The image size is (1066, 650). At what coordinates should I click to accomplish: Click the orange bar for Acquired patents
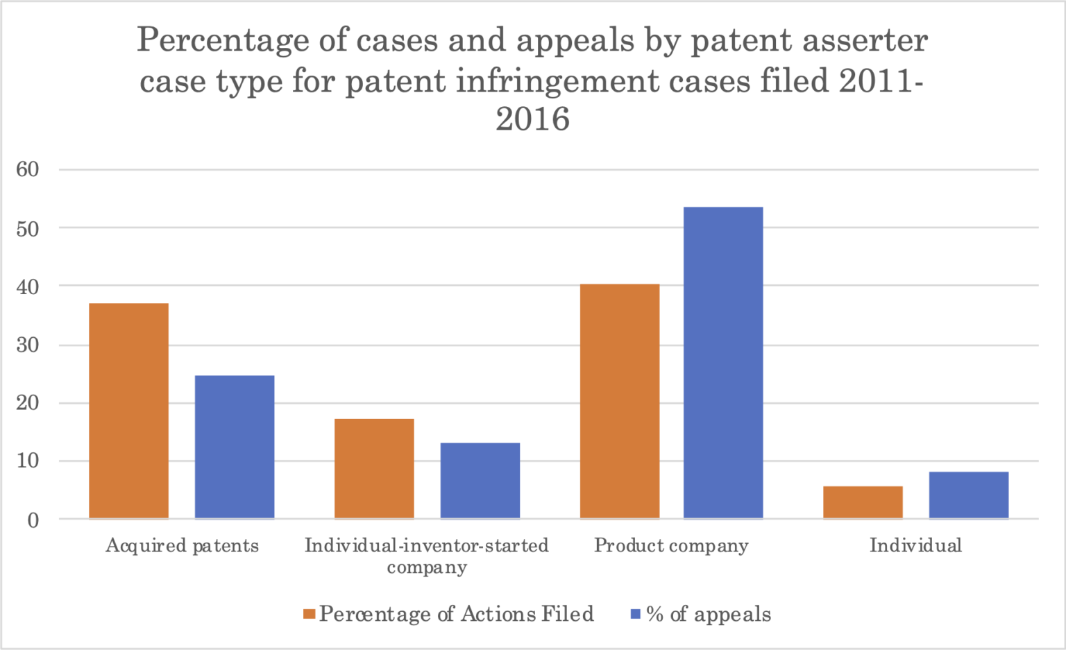point(128,411)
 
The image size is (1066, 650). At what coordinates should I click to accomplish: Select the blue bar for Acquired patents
point(235,447)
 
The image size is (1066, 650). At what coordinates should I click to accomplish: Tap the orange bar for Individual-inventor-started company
point(374,468)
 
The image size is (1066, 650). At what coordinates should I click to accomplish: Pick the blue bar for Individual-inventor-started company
point(480,480)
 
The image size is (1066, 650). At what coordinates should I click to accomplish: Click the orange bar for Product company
point(620,401)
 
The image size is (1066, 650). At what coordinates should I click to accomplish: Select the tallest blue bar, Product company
point(723,362)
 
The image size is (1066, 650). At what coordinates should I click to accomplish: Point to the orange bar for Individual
point(863,502)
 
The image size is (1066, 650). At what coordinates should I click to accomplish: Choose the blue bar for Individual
point(969,495)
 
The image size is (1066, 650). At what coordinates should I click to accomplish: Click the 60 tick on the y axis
point(28,169)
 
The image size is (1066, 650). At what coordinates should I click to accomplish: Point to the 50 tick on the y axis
point(28,228)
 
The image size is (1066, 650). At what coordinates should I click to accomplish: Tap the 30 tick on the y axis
point(28,345)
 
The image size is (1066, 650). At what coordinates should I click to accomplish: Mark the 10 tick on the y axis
point(28,461)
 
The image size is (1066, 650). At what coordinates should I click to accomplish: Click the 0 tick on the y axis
point(33,520)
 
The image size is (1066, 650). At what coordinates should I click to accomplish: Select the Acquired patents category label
point(182,546)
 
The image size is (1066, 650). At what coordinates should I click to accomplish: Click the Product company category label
point(671,546)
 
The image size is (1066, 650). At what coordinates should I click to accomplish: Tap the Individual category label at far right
point(915,546)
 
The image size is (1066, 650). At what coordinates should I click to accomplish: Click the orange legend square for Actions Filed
point(310,614)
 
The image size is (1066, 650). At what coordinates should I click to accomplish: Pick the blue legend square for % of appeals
point(635,614)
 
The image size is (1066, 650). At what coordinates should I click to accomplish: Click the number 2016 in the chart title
point(532,119)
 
